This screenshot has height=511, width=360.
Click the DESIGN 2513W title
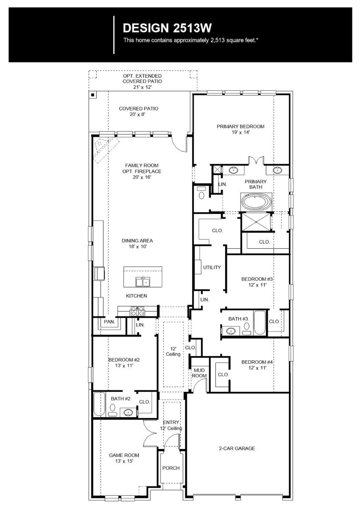(167, 28)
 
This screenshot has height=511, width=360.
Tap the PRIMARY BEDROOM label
(240, 126)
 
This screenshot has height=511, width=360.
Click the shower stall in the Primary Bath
(256, 222)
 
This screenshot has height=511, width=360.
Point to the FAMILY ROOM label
(138, 166)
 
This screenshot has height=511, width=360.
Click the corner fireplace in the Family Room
(102, 149)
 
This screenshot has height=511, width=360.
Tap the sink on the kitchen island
(142, 281)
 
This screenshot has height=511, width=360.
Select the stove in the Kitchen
(138, 311)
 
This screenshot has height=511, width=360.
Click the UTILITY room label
(212, 267)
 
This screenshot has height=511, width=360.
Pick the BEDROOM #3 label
(257, 279)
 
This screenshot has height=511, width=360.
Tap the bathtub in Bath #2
(99, 405)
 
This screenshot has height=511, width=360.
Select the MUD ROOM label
(199, 373)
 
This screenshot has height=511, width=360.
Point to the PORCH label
(171, 468)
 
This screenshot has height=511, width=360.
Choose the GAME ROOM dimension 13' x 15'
(124, 461)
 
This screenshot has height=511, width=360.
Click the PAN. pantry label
(109, 322)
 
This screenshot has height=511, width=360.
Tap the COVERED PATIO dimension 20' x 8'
(138, 115)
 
